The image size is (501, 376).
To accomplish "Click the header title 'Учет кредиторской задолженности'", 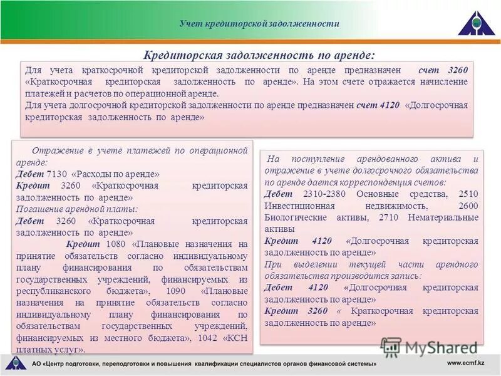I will [259, 24].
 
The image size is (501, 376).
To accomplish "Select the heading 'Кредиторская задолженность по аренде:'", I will [259, 55].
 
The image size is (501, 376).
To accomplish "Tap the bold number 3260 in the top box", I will [458, 70].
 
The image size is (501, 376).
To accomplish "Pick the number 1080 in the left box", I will [118, 244].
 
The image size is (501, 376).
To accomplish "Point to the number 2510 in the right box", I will [468, 194].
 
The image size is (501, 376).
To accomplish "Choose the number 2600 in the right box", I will [468, 206].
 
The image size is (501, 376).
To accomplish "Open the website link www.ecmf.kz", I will [466, 363].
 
